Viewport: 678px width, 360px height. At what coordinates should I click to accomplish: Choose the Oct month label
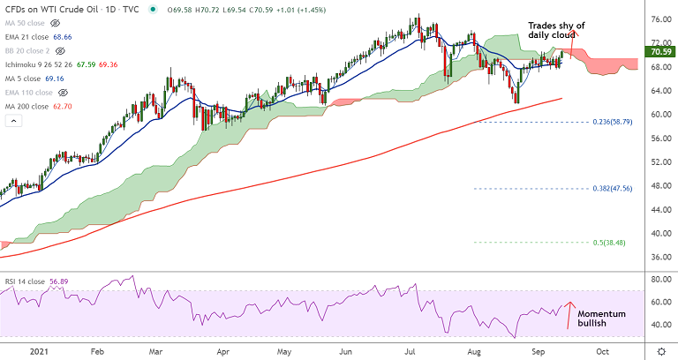point(601,350)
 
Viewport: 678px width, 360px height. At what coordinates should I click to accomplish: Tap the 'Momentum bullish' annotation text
point(601,319)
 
